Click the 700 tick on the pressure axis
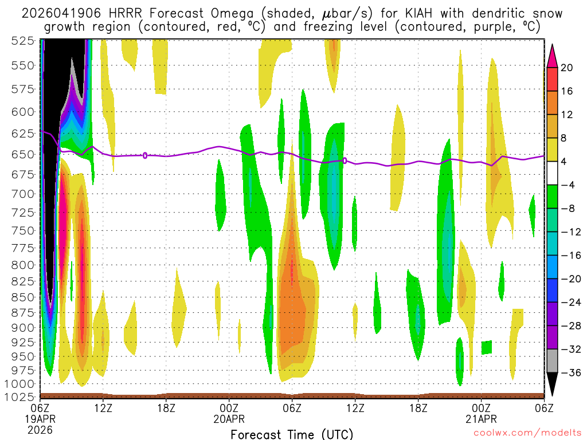click(22, 194)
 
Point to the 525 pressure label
click(22, 40)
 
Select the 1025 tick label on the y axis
click(19, 396)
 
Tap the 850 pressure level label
click(22, 297)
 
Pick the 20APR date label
click(229, 418)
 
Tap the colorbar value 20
click(567, 68)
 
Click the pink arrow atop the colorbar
click(552, 54)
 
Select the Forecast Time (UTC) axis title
click(292, 434)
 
